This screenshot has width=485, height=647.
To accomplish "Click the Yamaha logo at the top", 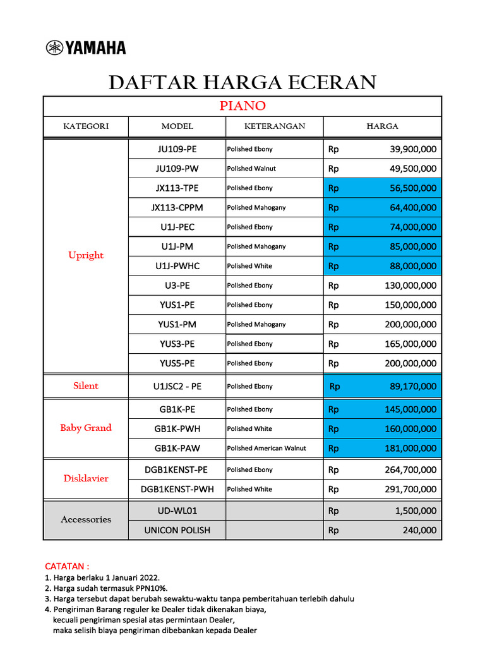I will point(86,47).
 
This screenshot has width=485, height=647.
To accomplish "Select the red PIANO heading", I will point(242,106).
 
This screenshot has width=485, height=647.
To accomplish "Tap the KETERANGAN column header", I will point(274,126).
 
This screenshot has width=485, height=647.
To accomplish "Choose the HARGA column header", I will point(383,126).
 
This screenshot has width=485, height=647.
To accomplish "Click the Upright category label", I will point(86,255).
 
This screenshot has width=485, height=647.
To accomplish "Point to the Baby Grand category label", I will point(86,428).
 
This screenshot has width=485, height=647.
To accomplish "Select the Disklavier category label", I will point(86,478).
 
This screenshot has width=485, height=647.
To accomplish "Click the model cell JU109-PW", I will point(177,169).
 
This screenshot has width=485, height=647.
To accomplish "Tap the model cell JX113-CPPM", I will point(177,207).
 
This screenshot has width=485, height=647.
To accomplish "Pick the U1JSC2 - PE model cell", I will point(177,386).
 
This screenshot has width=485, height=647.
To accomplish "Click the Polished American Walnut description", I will point(266,449).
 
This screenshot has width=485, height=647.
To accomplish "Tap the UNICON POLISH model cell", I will point(177,530).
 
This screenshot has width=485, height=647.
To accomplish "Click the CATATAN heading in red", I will point(67,565).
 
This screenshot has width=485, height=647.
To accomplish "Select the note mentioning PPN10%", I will point(106,588).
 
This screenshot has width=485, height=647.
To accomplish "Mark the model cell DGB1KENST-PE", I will point(177,469).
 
